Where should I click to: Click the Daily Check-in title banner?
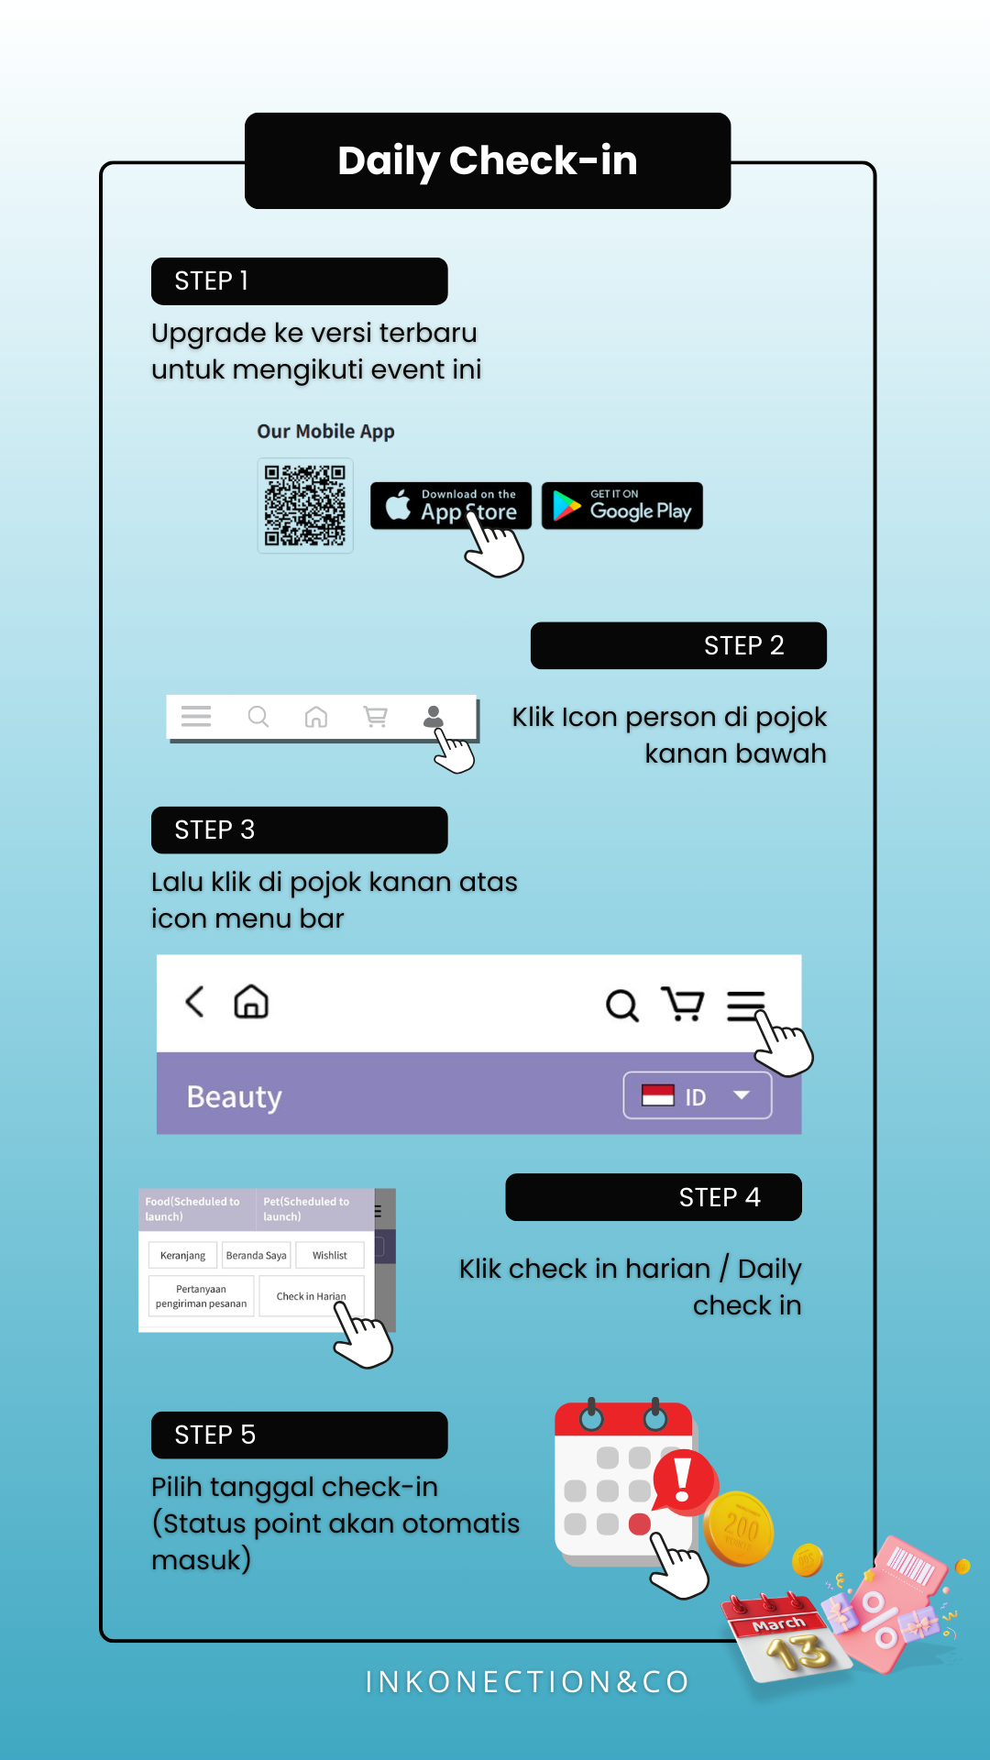[488, 160]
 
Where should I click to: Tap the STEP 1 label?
[299, 280]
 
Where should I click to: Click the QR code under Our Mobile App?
[305, 505]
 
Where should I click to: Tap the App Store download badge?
[451, 505]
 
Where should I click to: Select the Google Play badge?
[622, 505]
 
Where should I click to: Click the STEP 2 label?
[678, 645]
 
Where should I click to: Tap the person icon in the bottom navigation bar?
[434, 717]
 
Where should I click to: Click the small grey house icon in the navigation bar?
[316, 717]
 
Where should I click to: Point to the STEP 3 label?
[299, 830]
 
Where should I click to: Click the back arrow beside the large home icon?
[194, 1002]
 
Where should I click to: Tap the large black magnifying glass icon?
[622, 1005]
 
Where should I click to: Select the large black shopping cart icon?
[683, 1004]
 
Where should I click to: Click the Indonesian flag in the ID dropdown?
[658, 1095]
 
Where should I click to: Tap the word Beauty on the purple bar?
[235, 1097]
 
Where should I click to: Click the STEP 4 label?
[654, 1197]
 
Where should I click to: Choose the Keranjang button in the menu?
[183, 1255]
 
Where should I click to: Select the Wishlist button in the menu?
[330, 1255]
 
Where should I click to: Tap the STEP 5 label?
[299, 1435]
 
